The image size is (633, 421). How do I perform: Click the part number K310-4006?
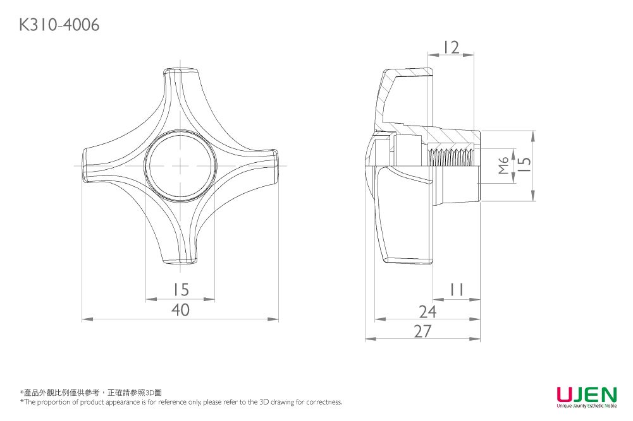click(x=59, y=25)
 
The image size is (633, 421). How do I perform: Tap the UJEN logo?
click(x=587, y=397)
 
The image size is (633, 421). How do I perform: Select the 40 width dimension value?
click(x=180, y=310)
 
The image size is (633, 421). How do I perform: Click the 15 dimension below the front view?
click(x=181, y=289)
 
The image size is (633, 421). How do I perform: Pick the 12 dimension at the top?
click(x=452, y=47)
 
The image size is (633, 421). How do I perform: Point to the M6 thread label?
click(x=503, y=165)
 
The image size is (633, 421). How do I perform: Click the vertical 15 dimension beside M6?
click(x=524, y=164)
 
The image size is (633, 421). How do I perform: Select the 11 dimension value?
click(x=457, y=289)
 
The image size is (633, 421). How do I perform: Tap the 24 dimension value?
click(x=428, y=311)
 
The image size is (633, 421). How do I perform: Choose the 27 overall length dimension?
click(x=423, y=331)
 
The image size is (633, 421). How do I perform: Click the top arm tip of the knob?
click(x=180, y=71)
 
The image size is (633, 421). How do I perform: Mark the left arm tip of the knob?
click(x=85, y=165)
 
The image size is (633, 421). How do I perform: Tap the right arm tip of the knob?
click(x=276, y=165)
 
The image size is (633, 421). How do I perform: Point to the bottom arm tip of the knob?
click(x=180, y=261)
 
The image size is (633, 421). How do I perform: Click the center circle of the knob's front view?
click(x=180, y=165)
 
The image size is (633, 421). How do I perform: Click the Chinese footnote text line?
click(x=91, y=393)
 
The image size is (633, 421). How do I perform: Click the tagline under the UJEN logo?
click(x=587, y=405)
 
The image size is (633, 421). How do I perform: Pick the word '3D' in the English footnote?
click(x=264, y=401)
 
